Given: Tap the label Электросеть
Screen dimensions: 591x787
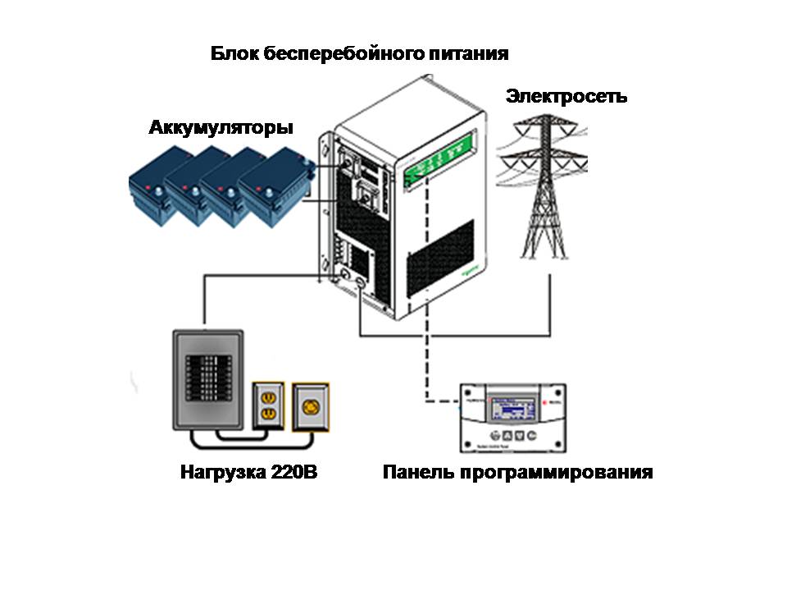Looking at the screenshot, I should pyautogui.click(x=566, y=96).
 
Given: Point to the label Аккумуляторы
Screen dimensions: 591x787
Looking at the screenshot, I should pyautogui.click(x=221, y=129).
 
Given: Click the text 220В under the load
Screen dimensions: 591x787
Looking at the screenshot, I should pyautogui.click(x=289, y=473).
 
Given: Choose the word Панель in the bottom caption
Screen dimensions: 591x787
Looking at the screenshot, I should pyautogui.click(x=416, y=473).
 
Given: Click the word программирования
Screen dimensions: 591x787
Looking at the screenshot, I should pyautogui.click(x=553, y=473).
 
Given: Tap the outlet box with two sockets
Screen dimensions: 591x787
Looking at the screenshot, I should pyautogui.click(x=266, y=405).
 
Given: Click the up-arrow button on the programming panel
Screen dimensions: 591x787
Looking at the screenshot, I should pyautogui.click(x=507, y=435).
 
